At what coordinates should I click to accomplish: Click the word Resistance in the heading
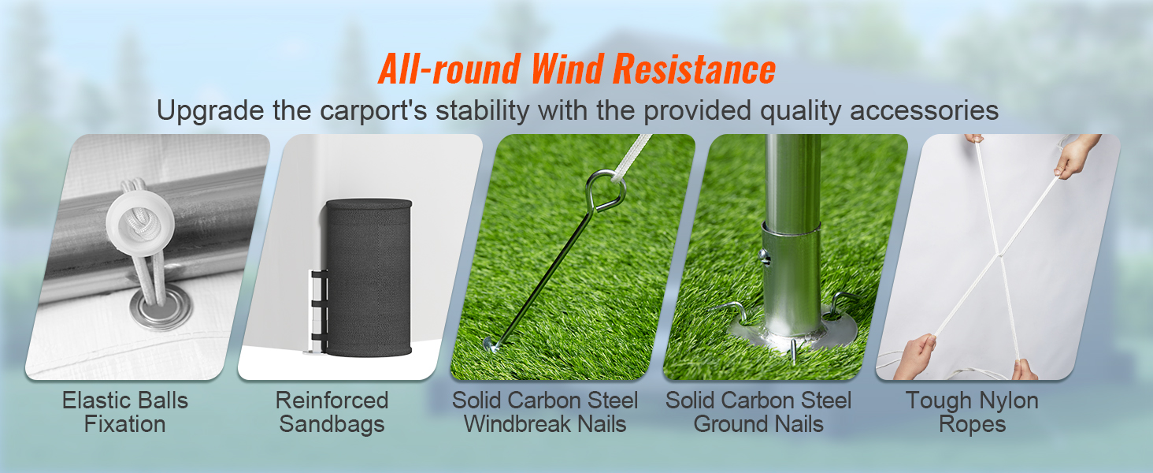coord(694,69)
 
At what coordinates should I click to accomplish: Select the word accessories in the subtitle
coord(924,111)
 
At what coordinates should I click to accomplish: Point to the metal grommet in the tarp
coord(161,307)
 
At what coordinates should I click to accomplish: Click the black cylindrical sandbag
coord(369,277)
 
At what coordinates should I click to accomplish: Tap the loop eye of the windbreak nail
coord(606,189)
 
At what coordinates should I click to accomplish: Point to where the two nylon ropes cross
coord(999,255)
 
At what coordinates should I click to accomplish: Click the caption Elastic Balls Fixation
coord(125,412)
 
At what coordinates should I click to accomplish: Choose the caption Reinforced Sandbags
coord(332,412)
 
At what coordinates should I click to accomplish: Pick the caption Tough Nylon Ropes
coord(972,412)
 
